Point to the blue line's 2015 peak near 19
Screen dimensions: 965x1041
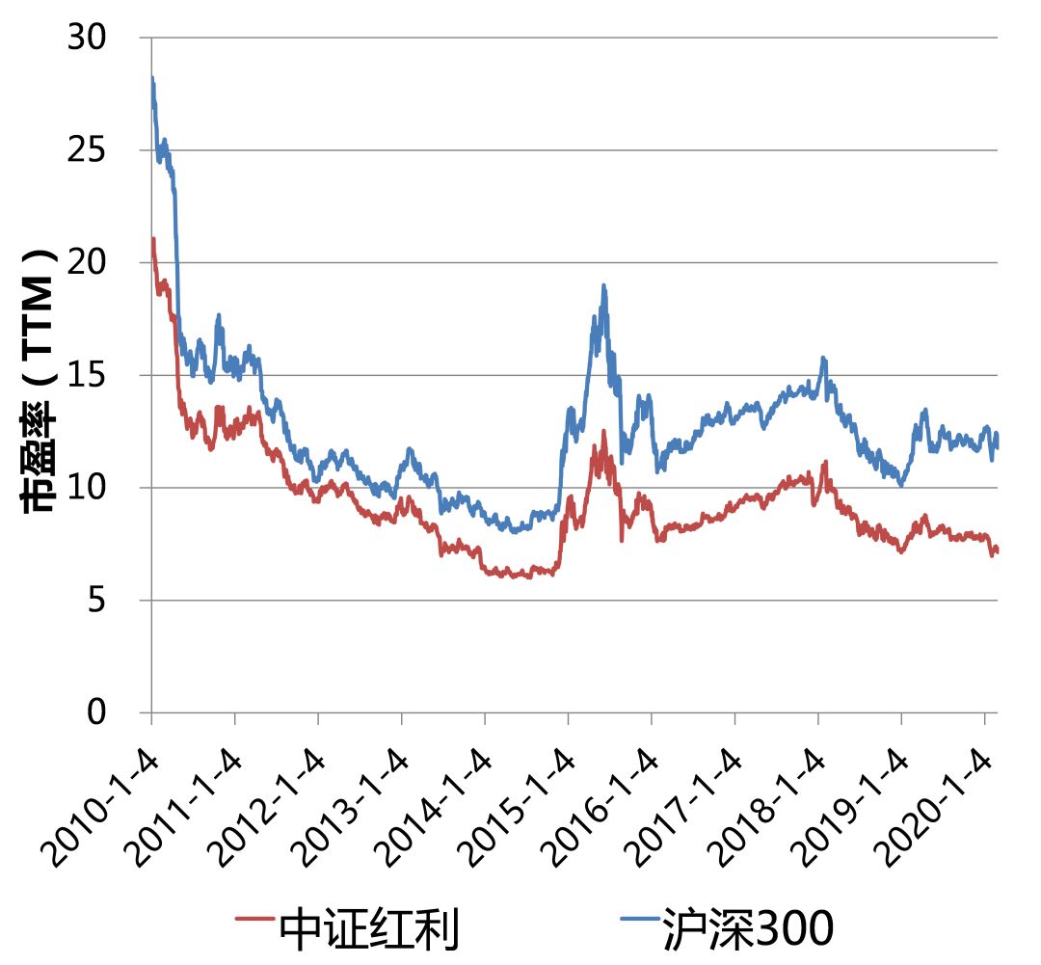point(603,285)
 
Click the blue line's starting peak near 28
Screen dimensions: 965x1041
point(152,78)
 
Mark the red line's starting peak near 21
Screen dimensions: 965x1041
point(153,238)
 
